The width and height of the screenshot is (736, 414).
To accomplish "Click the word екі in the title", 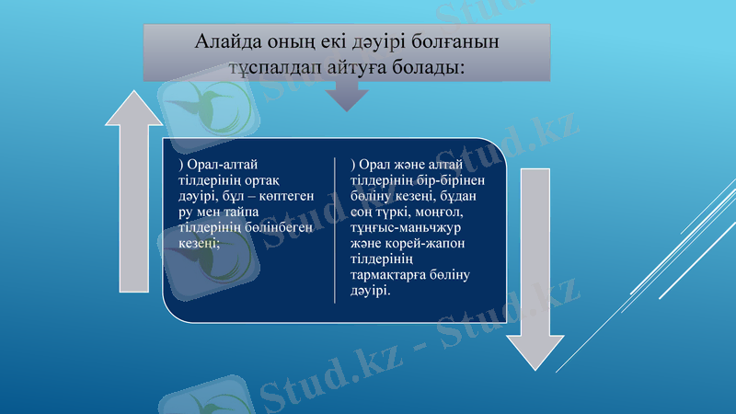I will click(329, 42).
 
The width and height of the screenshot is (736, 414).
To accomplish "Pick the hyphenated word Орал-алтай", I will click(218, 163).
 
